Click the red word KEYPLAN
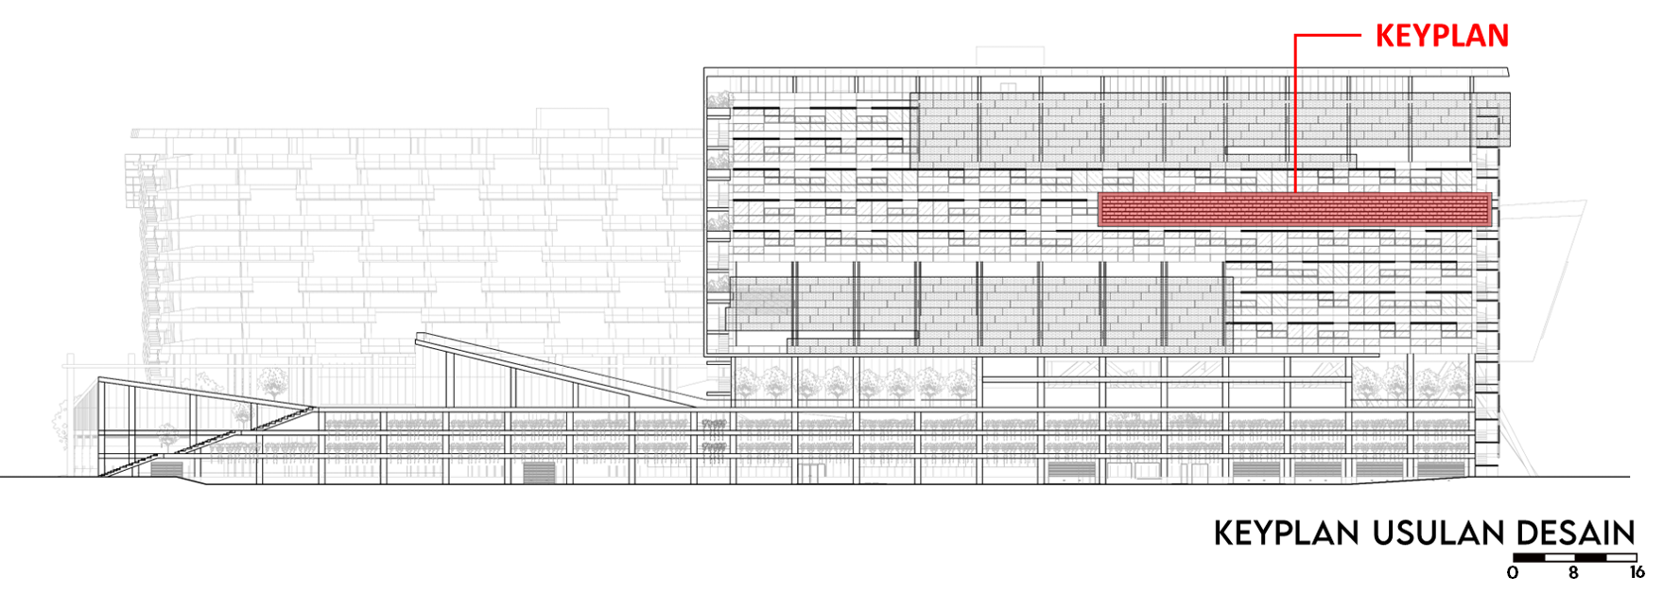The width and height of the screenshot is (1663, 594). [x=1441, y=36]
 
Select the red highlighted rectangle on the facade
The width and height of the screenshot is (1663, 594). [x=1295, y=209]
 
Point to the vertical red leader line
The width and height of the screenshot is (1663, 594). [x=1294, y=114]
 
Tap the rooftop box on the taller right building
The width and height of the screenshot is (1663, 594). [x=1010, y=56]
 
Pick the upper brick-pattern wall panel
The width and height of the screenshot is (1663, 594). [x=1191, y=123]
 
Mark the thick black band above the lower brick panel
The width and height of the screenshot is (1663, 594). [x=979, y=271]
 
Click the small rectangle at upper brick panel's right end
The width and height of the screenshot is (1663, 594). [x=1487, y=128]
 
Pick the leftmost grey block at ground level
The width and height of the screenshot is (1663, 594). [x=165, y=468]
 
